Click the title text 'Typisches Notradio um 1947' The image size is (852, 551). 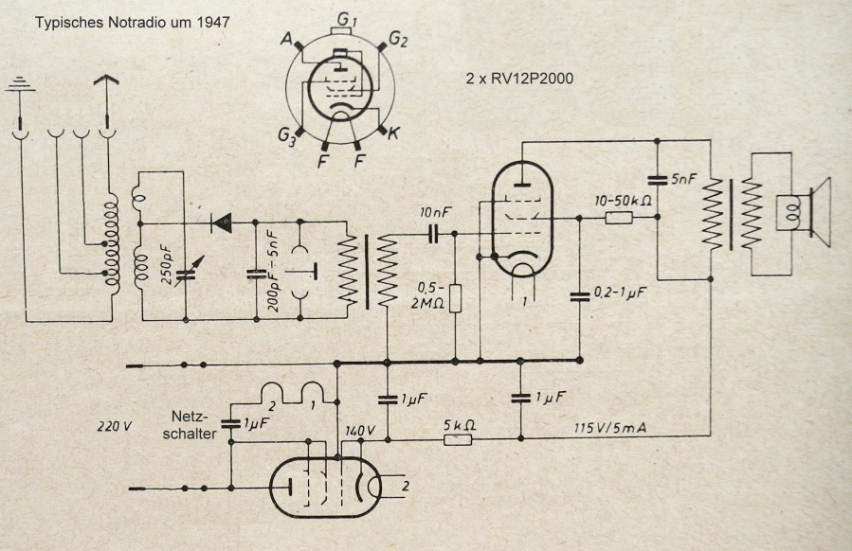click(x=132, y=21)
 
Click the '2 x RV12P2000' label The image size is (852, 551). click(x=519, y=80)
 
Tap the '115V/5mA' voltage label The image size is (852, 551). click(x=610, y=427)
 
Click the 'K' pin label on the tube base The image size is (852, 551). click(x=393, y=133)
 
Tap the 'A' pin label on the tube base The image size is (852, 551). click(x=286, y=38)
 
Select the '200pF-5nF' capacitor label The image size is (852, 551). click(x=271, y=271)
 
